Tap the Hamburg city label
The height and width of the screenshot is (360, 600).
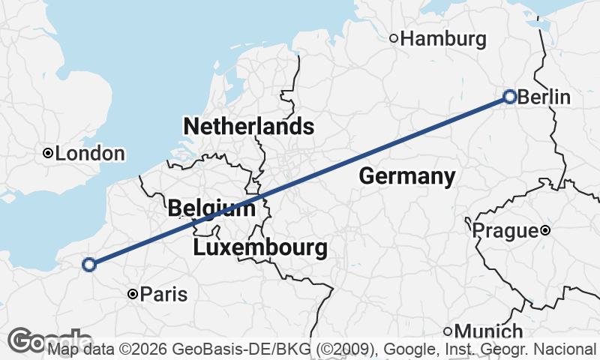pos(444,39)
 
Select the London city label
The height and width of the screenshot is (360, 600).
pos(90,154)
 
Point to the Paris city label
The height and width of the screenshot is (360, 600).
pos(163,295)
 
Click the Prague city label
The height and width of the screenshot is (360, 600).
pos(505,231)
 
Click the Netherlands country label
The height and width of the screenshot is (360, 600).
pos(248,125)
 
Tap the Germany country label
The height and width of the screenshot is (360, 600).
pos(407,176)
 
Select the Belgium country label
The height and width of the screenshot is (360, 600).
pos(211,208)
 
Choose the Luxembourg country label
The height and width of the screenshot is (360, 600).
pos(260,247)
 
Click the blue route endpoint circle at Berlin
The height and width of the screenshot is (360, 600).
pos(510,97)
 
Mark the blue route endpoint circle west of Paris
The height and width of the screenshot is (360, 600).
pos(89,264)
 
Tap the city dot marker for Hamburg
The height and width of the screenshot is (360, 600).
pos(393,38)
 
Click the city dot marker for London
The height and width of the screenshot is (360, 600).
pos(48,153)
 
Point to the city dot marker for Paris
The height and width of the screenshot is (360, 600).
pos(132,295)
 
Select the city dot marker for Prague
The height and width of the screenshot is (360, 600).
pos(545,230)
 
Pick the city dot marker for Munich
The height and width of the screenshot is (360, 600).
pos(448,331)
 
